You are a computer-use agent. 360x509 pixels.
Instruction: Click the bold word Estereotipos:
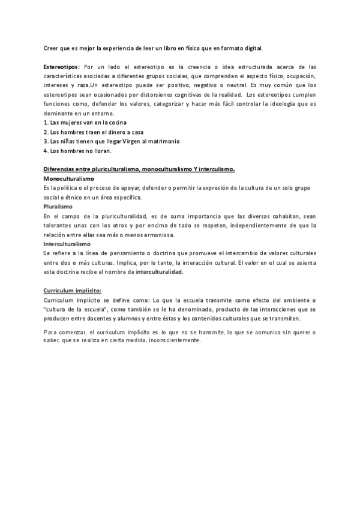62,67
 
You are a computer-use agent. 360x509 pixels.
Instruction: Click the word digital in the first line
253,47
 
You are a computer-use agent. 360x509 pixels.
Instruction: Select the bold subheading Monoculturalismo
69,179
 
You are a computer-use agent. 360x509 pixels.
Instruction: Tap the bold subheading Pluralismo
58,207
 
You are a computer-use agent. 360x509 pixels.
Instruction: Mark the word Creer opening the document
51,47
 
